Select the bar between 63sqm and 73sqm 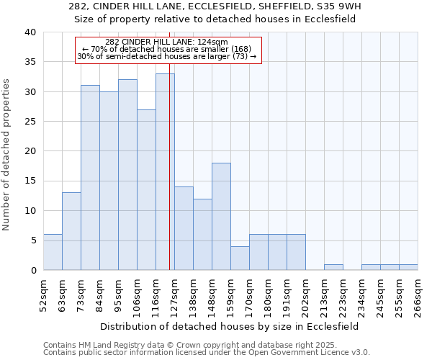tap(71, 231)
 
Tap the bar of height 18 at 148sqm tap(221, 216)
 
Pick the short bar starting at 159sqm tap(240, 258)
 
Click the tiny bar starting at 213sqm tap(333, 267)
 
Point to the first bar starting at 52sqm tap(53, 252)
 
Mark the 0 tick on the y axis tap(33, 270)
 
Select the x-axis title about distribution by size tap(230, 326)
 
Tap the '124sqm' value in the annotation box tap(213, 42)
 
